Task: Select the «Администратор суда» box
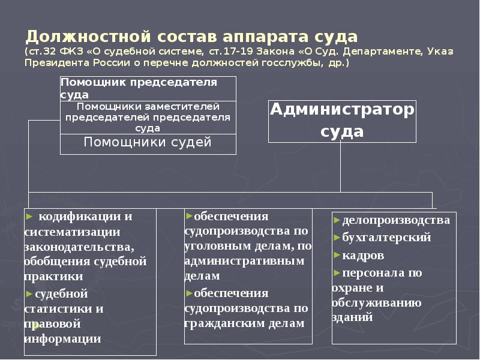[x=341, y=121]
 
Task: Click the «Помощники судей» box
[x=148, y=142]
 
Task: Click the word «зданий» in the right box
[x=352, y=317]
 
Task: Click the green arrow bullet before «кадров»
[x=337, y=256]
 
